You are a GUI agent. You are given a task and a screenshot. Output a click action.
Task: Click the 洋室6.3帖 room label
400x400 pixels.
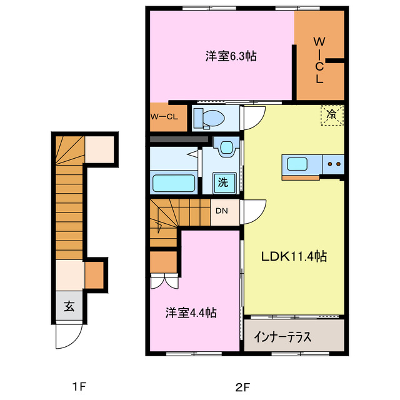[231, 56]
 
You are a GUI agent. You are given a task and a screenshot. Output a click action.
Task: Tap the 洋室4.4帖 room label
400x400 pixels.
[191, 313]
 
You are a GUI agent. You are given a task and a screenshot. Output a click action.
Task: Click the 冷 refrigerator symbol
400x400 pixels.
[332, 114]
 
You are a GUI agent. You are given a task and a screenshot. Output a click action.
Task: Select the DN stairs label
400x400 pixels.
[222, 211]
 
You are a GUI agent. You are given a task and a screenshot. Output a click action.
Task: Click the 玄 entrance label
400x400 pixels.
[68, 306]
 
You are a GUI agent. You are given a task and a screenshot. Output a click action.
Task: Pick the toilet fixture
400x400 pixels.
[210, 117]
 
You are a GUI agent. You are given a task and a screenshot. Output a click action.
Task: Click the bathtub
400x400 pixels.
[176, 184]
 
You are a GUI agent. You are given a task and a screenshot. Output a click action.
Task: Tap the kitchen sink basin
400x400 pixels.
[297, 166]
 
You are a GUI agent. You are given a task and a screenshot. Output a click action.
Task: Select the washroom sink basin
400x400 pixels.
[225, 147]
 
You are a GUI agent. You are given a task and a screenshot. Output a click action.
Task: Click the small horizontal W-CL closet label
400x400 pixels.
[164, 117]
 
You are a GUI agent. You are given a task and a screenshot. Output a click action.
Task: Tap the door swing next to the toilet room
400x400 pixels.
[253, 117]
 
